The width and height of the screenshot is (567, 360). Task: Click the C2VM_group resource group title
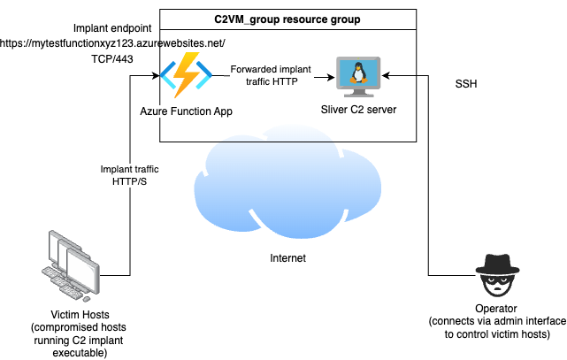tap(287, 19)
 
